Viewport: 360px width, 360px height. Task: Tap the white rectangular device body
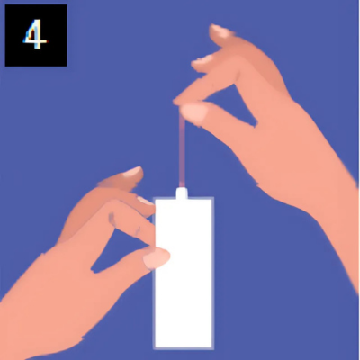tap(184, 273)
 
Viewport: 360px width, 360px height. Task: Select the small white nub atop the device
tap(182, 193)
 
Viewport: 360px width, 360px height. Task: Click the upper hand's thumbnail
tap(194, 112)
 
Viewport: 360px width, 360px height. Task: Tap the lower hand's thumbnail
tap(156, 258)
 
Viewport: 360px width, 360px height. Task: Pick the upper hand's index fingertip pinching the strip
tap(180, 102)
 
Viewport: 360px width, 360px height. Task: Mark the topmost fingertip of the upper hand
tap(218, 31)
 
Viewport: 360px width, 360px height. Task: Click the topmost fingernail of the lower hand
tap(133, 172)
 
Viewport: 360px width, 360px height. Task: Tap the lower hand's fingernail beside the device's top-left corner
tap(146, 201)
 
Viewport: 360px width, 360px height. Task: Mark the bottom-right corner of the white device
tap(213, 348)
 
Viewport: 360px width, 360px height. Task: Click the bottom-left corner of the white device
tap(154, 348)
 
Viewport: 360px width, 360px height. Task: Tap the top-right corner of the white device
tap(213, 198)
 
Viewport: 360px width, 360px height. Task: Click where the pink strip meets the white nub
tap(182, 187)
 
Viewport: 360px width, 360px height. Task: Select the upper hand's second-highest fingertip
tap(201, 64)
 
